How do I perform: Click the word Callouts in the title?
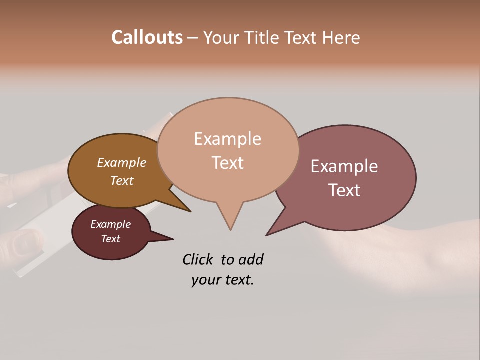click(147, 37)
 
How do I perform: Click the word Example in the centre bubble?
click(227, 139)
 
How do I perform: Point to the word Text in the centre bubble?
click(227, 163)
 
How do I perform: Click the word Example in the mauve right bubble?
click(344, 166)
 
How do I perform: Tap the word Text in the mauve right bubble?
click(344, 190)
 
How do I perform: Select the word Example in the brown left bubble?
click(122, 163)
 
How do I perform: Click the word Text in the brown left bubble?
click(122, 180)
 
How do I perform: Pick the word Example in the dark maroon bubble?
click(110, 224)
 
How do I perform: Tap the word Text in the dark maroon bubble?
click(110, 239)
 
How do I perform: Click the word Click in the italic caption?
click(198, 260)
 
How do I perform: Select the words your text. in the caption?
click(222, 280)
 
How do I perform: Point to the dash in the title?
click(192, 38)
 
